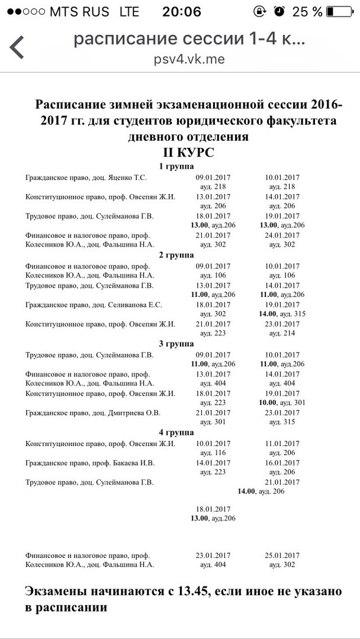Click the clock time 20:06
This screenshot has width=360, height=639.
177,11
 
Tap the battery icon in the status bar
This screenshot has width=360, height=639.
343,11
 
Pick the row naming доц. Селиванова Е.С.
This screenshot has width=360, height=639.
94,305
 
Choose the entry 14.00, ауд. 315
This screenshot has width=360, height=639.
283,314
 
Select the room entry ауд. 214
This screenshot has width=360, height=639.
283,333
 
